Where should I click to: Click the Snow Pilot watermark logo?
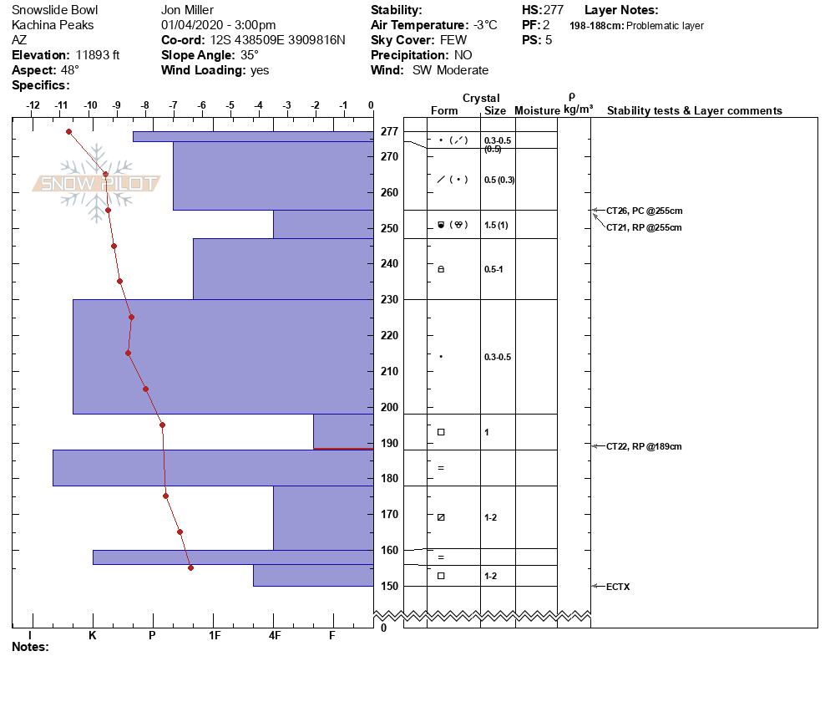pyautogui.click(x=97, y=182)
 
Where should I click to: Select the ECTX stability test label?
pyautogui.click(x=618, y=587)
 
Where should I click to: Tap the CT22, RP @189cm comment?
pyautogui.click(x=644, y=446)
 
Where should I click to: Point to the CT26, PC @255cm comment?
pyautogui.click(x=644, y=211)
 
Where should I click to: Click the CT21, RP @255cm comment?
pyautogui.click(x=644, y=227)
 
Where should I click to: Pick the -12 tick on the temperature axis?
pyautogui.click(x=33, y=105)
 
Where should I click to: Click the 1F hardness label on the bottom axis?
pyautogui.click(x=214, y=635)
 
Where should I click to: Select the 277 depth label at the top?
pyautogui.click(x=389, y=131)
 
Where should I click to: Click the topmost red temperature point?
pyautogui.click(x=68, y=131)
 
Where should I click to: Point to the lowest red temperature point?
pyautogui.click(x=190, y=568)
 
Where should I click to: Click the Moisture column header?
pyautogui.click(x=537, y=111)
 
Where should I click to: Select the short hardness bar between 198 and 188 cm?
pyautogui.click(x=343, y=431)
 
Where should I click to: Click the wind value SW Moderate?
pyautogui.click(x=450, y=70)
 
